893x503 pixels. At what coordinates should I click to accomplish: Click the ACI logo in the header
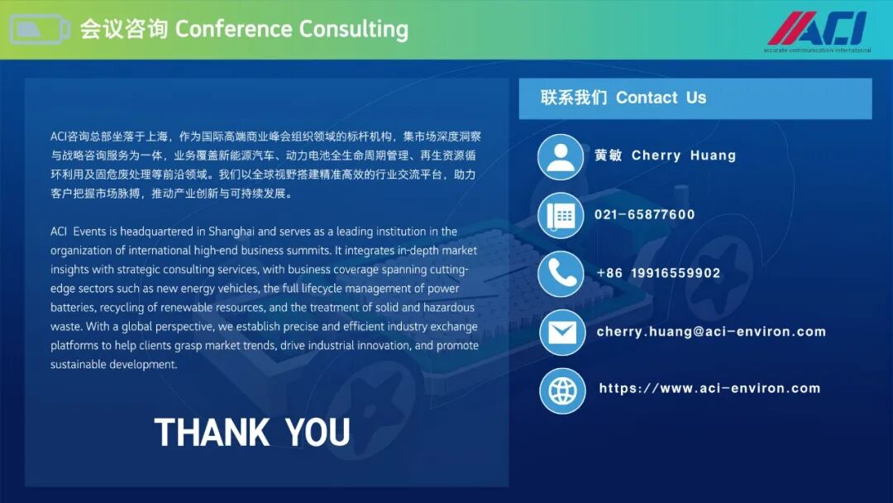[x=818, y=31]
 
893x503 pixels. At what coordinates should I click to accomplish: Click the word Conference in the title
[x=233, y=29]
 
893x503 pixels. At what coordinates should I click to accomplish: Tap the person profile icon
[x=561, y=157]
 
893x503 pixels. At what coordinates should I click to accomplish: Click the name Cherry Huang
[x=684, y=156]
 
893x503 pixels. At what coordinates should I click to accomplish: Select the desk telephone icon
[x=561, y=216]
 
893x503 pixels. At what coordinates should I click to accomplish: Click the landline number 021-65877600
[x=645, y=215]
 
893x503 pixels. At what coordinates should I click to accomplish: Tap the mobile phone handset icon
[x=561, y=274]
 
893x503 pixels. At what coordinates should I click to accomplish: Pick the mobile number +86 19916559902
[x=658, y=274]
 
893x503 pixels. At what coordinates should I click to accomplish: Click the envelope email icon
[x=562, y=333]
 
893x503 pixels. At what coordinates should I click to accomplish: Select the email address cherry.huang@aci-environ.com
[x=711, y=332]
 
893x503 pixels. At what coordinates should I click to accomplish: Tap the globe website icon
[x=562, y=390]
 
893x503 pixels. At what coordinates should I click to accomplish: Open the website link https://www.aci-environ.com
[x=709, y=389]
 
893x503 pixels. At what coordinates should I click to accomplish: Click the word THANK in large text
[x=212, y=433]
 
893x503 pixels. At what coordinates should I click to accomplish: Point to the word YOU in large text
[x=318, y=433]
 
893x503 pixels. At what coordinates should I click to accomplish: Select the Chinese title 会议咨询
[x=123, y=29]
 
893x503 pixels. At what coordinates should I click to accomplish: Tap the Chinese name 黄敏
[x=609, y=156]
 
